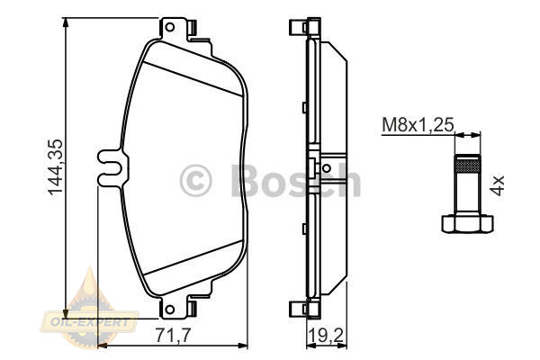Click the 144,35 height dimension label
coord(56,167)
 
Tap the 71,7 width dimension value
coord(173,335)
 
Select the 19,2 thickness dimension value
coord(327,335)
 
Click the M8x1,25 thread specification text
coord(418,125)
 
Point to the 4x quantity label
coord(497,185)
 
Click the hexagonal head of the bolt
coord(467,223)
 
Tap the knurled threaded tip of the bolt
coord(467,164)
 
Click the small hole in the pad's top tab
coord(170,27)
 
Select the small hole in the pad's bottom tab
coord(170,309)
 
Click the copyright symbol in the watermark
coord(195,181)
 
